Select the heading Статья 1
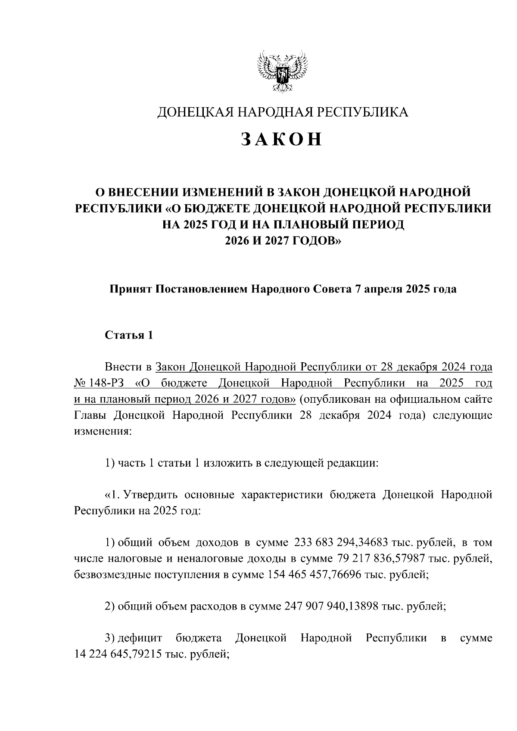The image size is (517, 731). click(x=129, y=336)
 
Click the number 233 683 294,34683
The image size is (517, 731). click(x=342, y=541)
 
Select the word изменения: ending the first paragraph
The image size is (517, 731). click(x=102, y=432)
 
